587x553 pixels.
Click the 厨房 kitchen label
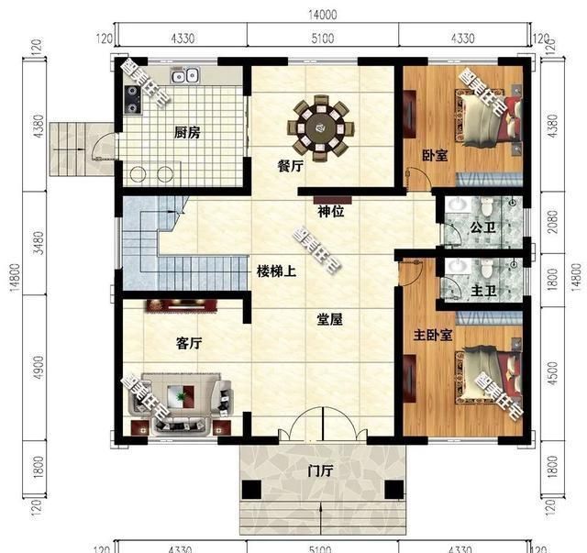point(187,132)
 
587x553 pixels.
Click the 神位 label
point(330,211)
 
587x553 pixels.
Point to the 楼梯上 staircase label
point(276,272)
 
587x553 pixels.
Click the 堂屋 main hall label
point(330,320)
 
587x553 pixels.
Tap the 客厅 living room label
point(188,343)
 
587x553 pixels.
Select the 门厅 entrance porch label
point(322,473)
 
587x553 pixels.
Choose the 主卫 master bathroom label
point(483,292)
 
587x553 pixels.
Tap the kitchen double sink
point(183,76)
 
